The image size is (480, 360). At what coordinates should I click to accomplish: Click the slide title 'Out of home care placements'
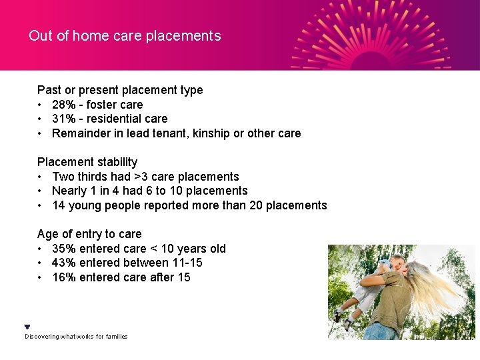pyautogui.click(x=125, y=36)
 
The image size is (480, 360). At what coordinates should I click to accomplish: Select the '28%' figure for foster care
pyautogui.click(x=64, y=105)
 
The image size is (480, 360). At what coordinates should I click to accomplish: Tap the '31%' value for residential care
pyautogui.click(x=64, y=119)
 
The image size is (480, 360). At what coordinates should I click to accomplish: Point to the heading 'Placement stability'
pyautogui.click(x=87, y=162)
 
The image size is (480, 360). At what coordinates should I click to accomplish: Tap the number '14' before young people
pyautogui.click(x=59, y=205)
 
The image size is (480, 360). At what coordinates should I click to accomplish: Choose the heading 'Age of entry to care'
pyautogui.click(x=89, y=234)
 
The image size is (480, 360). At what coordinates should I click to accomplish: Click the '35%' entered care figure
pyautogui.click(x=64, y=249)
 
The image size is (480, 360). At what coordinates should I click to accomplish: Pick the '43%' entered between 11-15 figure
pyautogui.click(x=64, y=263)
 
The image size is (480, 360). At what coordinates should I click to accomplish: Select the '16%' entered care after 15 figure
pyautogui.click(x=64, y=277)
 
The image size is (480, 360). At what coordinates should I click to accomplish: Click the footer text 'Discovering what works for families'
pyautogui.click(x=76, y=337)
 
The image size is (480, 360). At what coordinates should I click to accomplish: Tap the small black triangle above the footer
pyautogui.click(x=27, y=327)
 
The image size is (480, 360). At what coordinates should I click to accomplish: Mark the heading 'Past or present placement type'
pyautogui.click(x=120, y=90)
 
